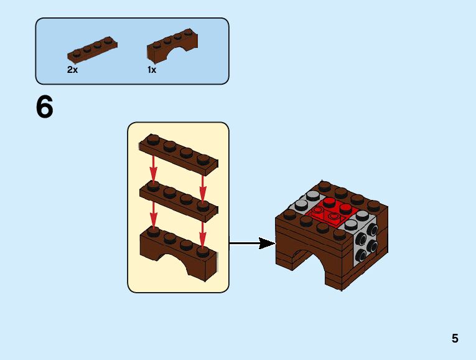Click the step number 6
pyautogui.click(x=45, y=108)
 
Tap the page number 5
pyautogui.click(x=455, y=339)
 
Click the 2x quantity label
pyautogui.click(x=73, y=70)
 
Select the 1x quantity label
pyautogui.click(x=152, y=70)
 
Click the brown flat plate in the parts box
pyautogui.click(x=92, y=49)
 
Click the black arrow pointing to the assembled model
pyautogui.click(x=252, y=243)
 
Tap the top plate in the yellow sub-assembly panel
pyautogui.click(x=179, y=153)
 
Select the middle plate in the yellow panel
pyautogui.click(x=179, y=199)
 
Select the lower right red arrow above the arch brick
pyautogui.click(x=202, y=234)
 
